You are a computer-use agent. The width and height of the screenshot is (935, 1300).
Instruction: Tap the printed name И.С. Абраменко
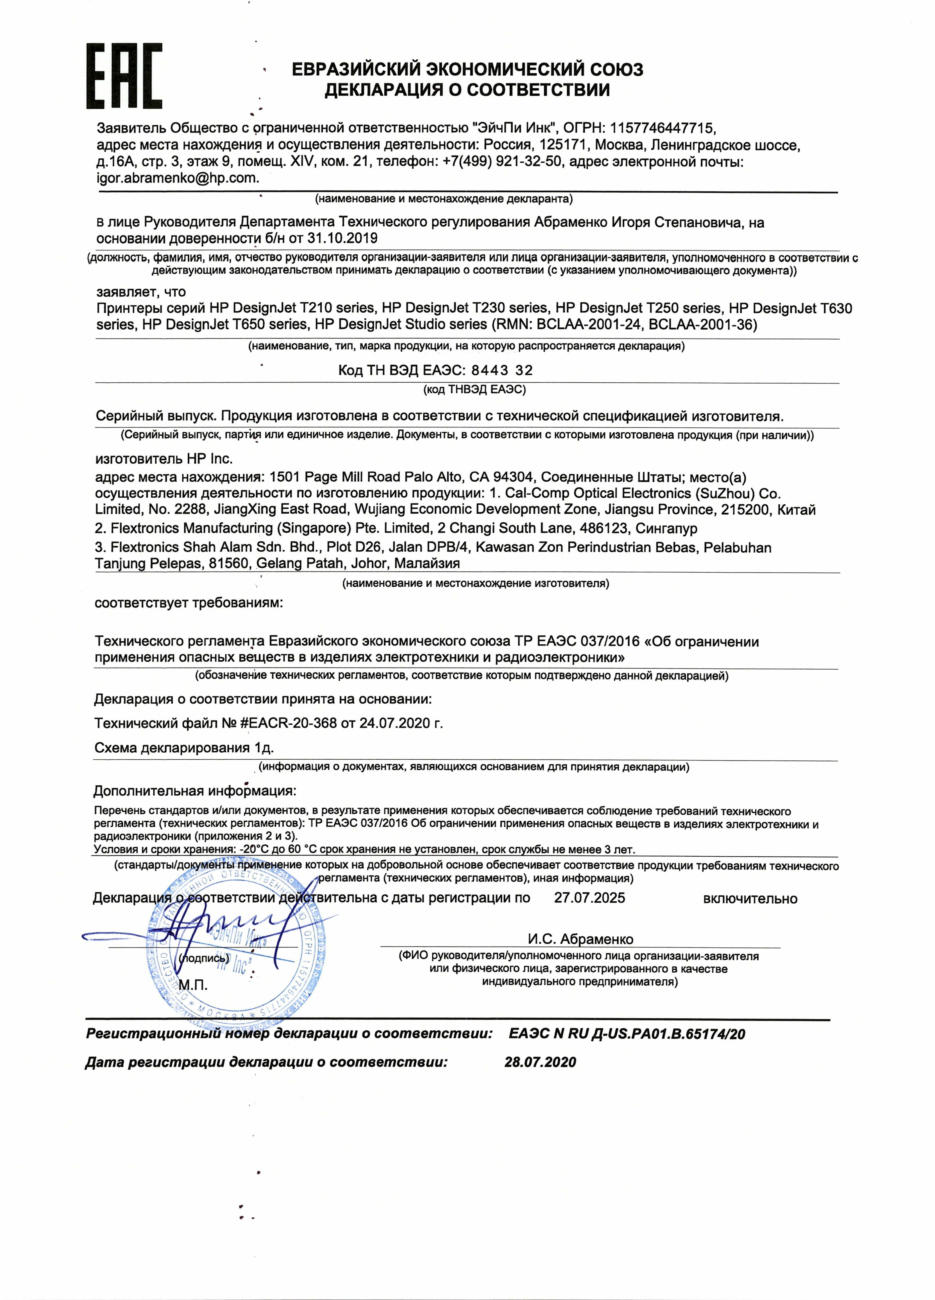click(x=580, y=939)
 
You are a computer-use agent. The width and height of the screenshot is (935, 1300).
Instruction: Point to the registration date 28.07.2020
click(x=540, y=1062)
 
